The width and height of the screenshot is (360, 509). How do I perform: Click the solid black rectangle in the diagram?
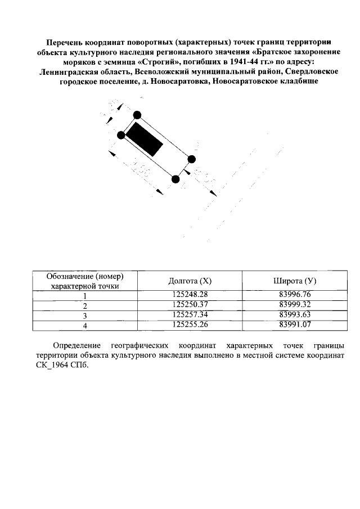click(x=144, y=139)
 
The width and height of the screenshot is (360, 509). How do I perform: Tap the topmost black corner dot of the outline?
click(x=137, y=116)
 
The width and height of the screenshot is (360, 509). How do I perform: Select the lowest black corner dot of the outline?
click(x=175, y=179)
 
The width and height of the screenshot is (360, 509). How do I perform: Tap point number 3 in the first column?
click(x=85, y=315)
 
